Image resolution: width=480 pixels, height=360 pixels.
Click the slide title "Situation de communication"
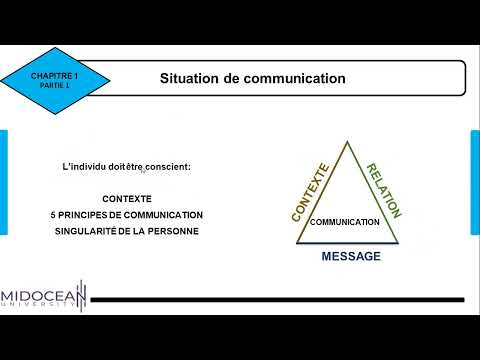253,77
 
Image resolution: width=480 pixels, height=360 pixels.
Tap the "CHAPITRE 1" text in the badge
54,75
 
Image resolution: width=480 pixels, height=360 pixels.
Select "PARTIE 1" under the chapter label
54,86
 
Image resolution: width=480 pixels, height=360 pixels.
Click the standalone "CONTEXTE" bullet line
126,199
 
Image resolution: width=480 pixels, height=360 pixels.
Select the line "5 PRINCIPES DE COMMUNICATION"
126,215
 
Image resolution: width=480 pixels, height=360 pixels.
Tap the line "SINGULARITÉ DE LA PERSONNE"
126,231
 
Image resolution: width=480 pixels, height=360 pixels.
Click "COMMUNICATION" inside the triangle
345,222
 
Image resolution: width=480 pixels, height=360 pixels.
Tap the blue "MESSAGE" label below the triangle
350,257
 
